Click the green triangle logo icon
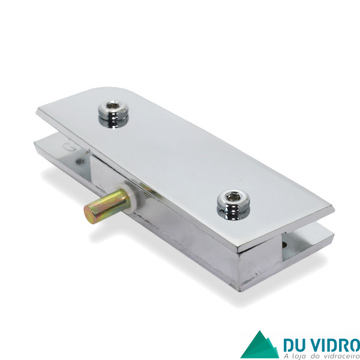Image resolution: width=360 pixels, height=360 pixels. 260,345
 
